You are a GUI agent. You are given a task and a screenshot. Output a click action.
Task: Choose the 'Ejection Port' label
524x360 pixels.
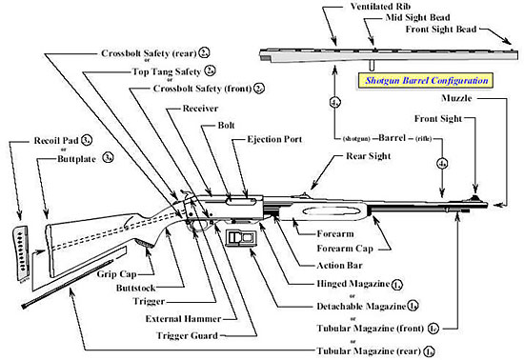pyautogui.click(x=275, y=139)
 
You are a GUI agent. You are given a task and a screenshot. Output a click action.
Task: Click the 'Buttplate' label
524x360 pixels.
pyautogui.click(x=65, y=159)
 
